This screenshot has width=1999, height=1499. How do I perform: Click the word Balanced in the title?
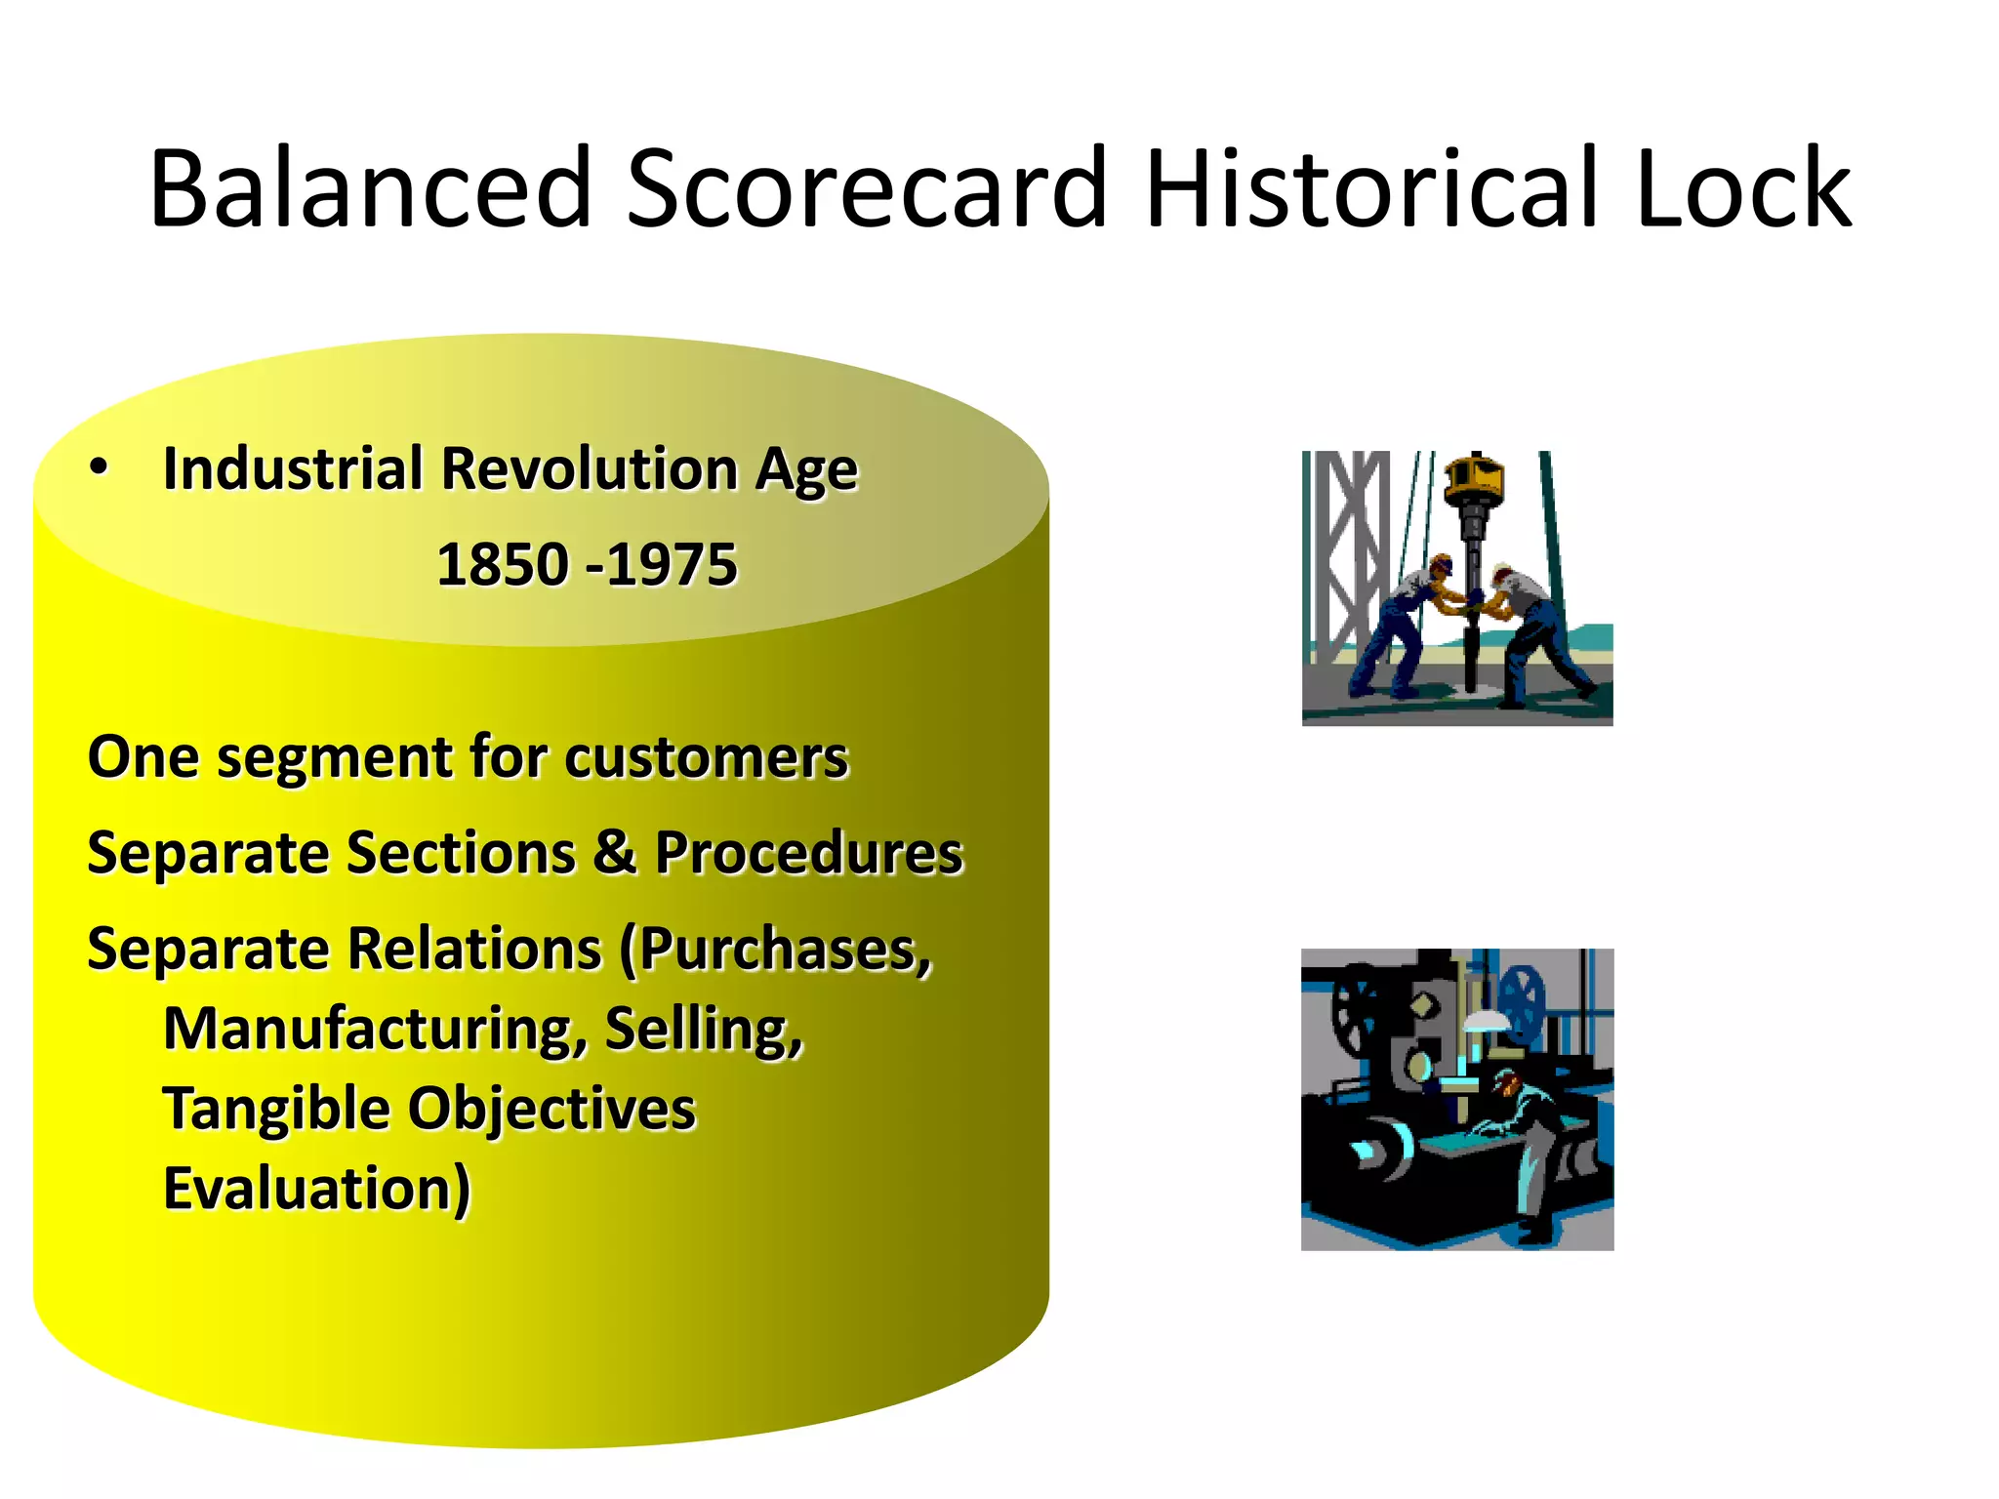coord(371,188)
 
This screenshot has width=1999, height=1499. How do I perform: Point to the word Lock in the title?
coord(1742,188)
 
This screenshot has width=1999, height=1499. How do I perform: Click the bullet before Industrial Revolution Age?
coord(99,468)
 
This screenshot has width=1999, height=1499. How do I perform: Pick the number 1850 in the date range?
coord(502,565)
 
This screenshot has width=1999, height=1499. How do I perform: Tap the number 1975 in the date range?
coord(672,565)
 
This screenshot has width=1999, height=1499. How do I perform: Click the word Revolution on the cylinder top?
coord(590,468)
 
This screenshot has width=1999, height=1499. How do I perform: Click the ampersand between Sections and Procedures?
coord(615,852)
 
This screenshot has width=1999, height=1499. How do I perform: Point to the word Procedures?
coord(808,854)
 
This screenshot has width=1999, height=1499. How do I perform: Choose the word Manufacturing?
coord(376,1031)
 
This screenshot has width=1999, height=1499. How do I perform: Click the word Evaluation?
coord(316,1190)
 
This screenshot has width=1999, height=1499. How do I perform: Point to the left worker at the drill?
coord(1406,625)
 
